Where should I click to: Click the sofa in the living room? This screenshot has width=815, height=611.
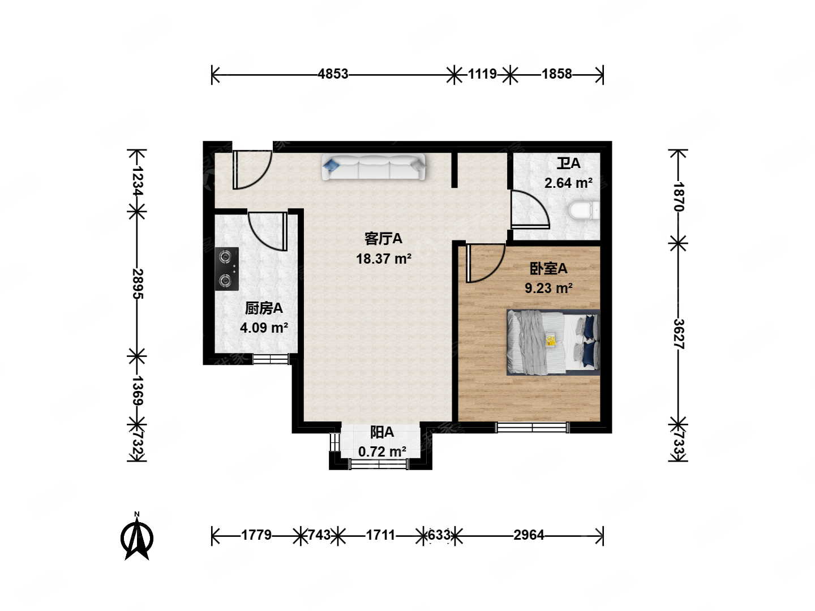[373, 167]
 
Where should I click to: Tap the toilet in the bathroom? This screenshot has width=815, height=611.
[584, 210]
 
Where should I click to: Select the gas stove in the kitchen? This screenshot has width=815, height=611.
[226, 269]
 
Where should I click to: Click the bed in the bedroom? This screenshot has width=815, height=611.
[553, 342]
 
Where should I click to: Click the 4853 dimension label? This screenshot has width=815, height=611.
[333, 74]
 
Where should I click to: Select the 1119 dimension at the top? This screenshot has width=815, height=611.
[482, 74]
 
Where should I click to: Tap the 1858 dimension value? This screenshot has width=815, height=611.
[556, 74]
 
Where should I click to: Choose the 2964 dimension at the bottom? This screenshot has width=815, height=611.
[529, 535]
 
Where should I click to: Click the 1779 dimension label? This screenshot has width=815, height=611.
[256, 535]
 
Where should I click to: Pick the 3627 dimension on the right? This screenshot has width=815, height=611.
[678, 334]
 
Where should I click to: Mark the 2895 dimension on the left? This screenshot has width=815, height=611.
[137, 284]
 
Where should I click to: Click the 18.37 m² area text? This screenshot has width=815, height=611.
[384, 259]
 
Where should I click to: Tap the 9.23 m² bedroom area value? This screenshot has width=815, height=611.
[548, 288]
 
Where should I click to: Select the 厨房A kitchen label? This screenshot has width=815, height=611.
[264, 308]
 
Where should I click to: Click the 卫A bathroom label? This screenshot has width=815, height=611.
[568, 163]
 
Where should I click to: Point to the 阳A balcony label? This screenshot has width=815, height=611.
[382, 432]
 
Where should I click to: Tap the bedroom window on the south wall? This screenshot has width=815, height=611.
[532, 428]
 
